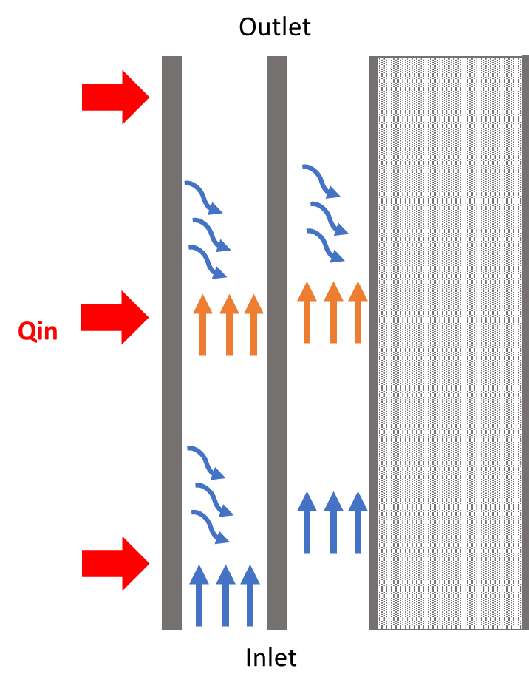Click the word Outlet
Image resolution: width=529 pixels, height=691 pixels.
275,27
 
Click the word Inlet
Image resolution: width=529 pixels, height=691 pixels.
271,657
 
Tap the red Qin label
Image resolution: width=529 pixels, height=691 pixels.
38,331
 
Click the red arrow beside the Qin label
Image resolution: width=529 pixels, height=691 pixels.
115,317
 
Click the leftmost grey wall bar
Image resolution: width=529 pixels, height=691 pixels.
171,344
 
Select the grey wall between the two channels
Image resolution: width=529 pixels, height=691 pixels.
277,344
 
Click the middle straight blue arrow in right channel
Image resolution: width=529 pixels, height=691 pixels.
333,522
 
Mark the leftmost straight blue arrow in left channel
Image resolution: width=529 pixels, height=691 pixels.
199,595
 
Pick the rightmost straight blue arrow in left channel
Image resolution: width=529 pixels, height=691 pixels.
250,595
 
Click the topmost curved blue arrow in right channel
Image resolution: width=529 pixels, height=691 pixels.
321,182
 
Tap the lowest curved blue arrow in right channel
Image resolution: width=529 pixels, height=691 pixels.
326,245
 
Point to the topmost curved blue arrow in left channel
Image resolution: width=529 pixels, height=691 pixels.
204,196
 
